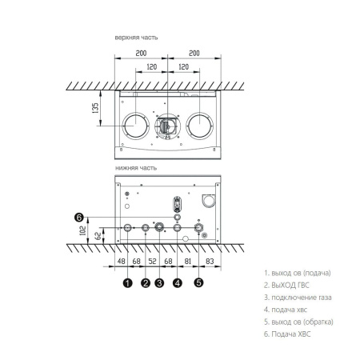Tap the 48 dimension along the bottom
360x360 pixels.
121,261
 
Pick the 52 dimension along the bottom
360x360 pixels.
152,261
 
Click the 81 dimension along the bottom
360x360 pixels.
187,261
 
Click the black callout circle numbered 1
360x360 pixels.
127,282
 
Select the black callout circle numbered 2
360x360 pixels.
145,282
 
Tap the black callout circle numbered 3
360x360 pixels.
159,282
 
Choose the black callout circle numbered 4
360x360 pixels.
177,282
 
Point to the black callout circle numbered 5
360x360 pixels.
198,282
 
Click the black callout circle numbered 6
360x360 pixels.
78,217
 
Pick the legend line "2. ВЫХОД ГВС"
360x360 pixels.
287,285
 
